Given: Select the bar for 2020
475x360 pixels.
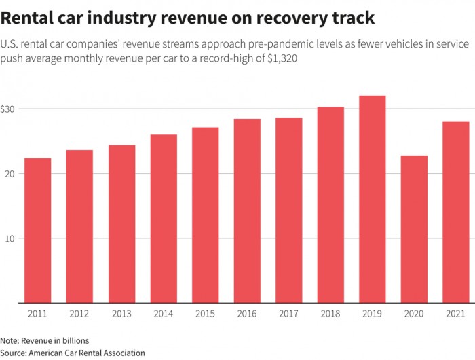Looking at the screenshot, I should pyautogui.click(x=415, y=229).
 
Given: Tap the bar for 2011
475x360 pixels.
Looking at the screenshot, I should pyautogui.click(x=38, y=230).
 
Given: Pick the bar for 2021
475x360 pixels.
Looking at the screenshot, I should pyautogui.click(x=456, y=212).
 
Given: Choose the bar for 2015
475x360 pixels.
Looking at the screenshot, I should pyautogui.click(x=205, y=215).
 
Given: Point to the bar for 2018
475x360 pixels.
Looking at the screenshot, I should pyautogui.click(x=330, y=204).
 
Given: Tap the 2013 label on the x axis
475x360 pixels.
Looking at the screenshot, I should pyautogui.click(x=121, y=314).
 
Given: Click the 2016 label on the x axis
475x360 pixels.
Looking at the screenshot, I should pyautogui.click(x=247, y=314).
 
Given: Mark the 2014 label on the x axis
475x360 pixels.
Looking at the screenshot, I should pyautogui.click(x=164, y=314).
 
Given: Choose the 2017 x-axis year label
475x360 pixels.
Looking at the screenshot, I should pyautogui.click(x=289, y=314).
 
